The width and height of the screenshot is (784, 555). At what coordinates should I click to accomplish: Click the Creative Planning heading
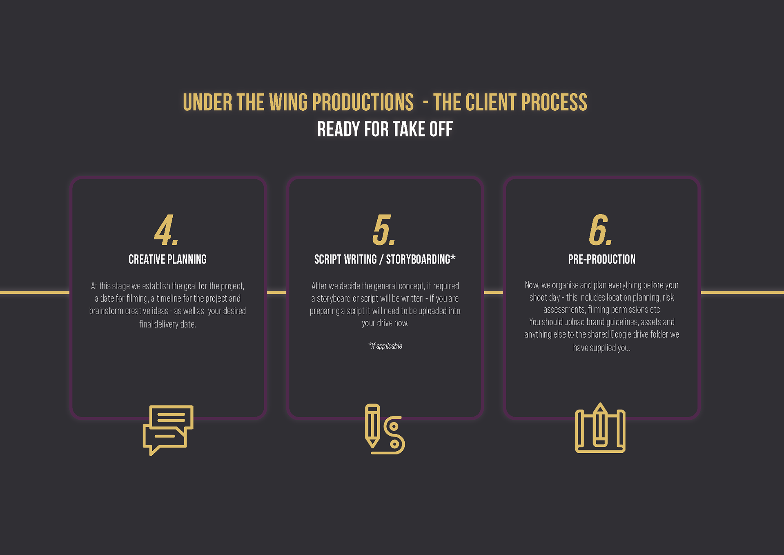pos(167,260)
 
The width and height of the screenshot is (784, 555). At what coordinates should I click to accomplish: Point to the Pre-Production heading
pos(601,260)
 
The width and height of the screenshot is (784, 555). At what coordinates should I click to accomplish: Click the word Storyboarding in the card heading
pos(418,260)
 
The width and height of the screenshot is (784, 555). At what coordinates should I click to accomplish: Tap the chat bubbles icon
pos(168,430)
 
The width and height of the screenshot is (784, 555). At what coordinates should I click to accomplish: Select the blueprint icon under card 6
pos(600,429)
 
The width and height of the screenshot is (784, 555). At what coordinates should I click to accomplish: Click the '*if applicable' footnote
pos(385,346)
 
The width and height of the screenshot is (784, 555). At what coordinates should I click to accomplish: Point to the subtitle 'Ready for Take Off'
pos(385,130)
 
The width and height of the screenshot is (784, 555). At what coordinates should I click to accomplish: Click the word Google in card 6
pos(621,335)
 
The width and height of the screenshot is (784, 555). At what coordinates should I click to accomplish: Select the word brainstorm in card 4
pos(106,311)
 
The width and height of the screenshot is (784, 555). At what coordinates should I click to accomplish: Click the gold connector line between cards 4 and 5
pos(276,292)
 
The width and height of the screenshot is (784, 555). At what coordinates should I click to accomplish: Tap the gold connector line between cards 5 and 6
pos(493,292)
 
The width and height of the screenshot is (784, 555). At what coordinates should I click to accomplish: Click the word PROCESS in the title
pos(554,102)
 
